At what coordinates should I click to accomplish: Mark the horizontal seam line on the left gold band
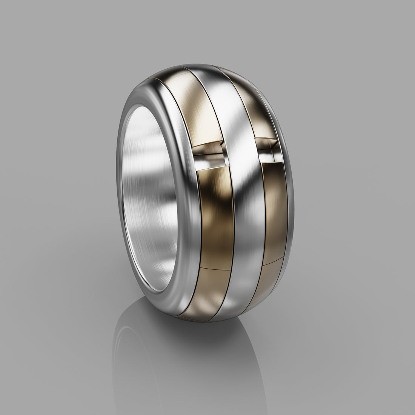pyautogui.click(x=215, y=269)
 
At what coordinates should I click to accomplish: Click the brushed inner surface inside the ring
pyautogui.click(x=151, y=189)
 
